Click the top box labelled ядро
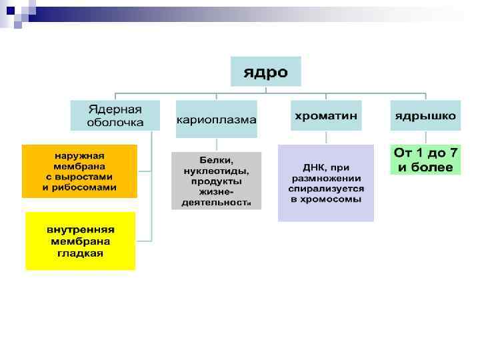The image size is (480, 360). [265, 71]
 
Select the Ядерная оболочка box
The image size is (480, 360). [115, 115]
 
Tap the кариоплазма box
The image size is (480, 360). [216, 119]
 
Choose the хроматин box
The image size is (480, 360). [326, 115]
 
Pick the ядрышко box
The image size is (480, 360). [425, 115]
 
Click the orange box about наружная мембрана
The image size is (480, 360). [79, 171]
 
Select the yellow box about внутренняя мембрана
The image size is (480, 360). [80, 241]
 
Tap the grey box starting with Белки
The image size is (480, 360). [216, 181]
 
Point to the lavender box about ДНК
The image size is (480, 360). [326, 183]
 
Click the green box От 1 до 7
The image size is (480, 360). [425, 160]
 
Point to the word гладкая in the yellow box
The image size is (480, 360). [80, 253]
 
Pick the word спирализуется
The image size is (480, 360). [326, 189]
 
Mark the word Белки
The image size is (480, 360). [215, 160]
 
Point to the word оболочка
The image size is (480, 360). [115, 123]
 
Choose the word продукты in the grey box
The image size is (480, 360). [216, 181]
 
